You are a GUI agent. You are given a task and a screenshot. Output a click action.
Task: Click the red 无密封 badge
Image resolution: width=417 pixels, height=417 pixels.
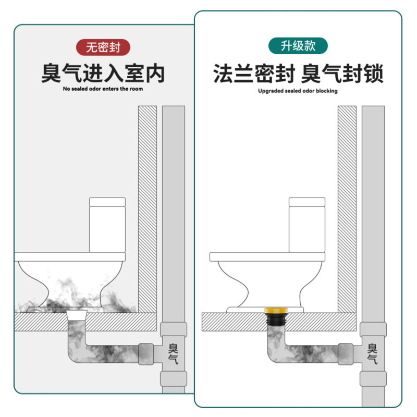point(103,47)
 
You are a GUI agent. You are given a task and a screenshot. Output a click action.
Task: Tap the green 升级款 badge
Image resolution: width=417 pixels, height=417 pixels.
point(298,46)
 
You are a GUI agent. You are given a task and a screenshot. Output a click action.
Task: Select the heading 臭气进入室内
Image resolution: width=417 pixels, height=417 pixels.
point(103,73)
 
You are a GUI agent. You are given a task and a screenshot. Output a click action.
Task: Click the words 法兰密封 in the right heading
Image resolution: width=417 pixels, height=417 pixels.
point(254,73)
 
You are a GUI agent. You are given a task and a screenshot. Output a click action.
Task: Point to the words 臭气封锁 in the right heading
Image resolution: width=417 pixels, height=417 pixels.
point(343,73)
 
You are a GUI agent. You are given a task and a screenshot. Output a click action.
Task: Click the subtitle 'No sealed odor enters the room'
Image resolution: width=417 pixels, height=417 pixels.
point(103,89)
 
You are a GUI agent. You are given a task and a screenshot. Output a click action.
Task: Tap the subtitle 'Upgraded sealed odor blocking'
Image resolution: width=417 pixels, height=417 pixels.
point(298,91)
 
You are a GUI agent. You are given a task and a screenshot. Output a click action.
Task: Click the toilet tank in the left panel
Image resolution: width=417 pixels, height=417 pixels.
point(107,224)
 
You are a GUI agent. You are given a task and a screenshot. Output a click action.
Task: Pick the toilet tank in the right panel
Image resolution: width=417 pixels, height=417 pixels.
point(307,224)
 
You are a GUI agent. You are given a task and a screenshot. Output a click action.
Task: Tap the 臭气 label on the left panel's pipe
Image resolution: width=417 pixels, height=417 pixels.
point(173,353)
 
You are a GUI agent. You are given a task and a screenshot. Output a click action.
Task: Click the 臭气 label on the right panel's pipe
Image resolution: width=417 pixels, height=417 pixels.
point(373,353)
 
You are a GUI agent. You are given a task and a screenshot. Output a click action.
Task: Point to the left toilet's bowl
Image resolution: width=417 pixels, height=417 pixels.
point(70,281)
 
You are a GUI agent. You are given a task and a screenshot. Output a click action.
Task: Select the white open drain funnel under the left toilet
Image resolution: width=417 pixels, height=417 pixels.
point(77,316)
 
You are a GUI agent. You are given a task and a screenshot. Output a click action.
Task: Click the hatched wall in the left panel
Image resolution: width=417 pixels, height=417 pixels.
point(147,208)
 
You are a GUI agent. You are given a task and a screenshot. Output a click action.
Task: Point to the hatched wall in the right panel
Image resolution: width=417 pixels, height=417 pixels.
point(347,208)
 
